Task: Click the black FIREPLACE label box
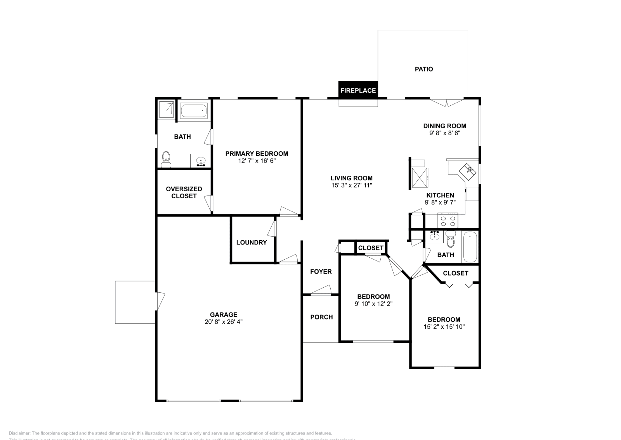[x=358, y=90]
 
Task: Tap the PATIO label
[x=424, y=69]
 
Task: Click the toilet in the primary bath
[x=166, y=159]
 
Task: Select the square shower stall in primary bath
[x=166, y=109]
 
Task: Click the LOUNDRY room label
[x=252, y=243]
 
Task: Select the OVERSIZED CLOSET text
[x=184, y=192]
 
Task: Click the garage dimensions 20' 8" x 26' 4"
[x=224, y=322]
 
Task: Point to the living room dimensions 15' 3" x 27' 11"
[x=352, y=185]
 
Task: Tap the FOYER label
[x=321, y=272]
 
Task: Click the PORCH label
[x=321, y=317]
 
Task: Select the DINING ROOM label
[x=444, y=126]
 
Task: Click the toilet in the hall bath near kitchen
[x=451, y=239]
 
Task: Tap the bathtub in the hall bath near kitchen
[x=470, y=247]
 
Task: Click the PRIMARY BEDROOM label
[x=257, y=154]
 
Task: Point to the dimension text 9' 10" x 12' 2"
[x=373, y=304]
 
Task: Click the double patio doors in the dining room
[x=447, y=102]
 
